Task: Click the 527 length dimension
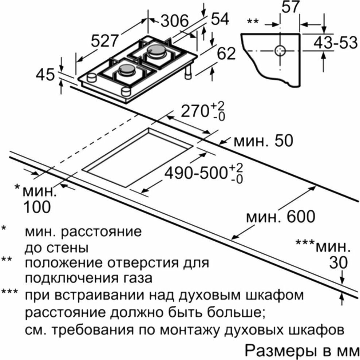[x=104, y=41]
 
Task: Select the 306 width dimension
[x=174, y=21]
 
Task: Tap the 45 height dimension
[x=45, y=75]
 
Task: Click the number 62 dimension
[x=226, y=54]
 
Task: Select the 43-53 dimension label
[x=336, y=43]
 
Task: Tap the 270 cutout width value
[x=194, y=111]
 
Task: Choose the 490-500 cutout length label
[x=196, y=173]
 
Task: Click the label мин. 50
[x=263, y=141]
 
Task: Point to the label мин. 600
[x=281, y=216]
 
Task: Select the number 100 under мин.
[x=37, y=207]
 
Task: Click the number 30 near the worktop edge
[x=339, y=263]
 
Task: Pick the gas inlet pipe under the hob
[x=188, y=72]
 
